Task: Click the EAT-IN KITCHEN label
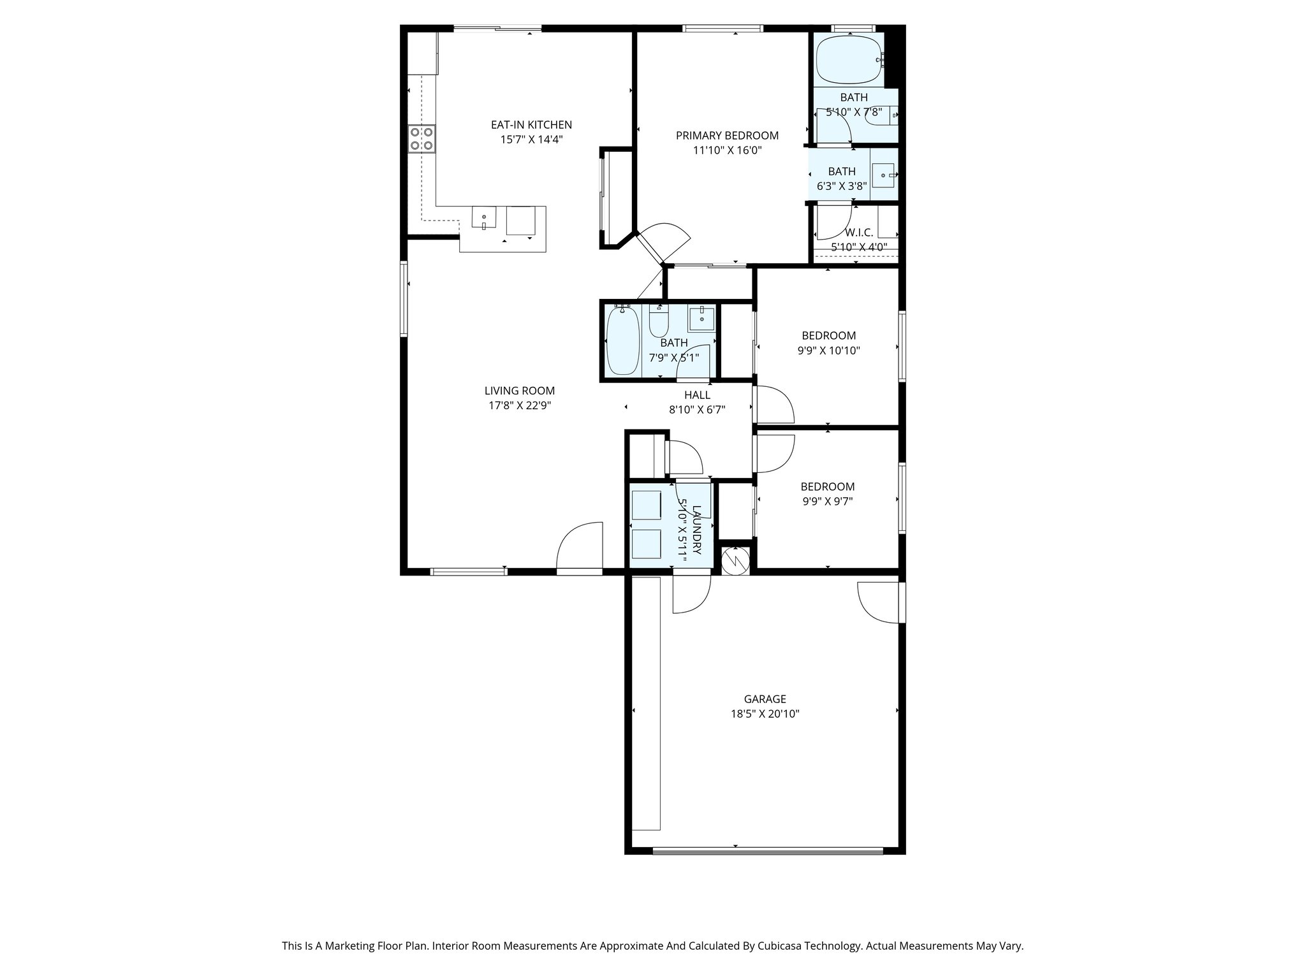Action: pyautogui.click(x=531, y=125)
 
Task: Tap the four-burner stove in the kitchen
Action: pyautogui.click(x=422, y=139)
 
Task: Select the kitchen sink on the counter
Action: pyautogui.click(x=484, y=217)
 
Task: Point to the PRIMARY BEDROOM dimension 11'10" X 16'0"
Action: pyautogui.click(x=727, y=150)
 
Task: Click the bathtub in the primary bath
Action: pyautogui.click(x=849, y=60)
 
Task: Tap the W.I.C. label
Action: pyautogui.click(x=859, y=233)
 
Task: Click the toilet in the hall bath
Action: pyautogui.click(x=657, y=322)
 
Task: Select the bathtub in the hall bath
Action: pyautogui.click(x=623, y=341)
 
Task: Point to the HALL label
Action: pyautogui.click(x=697, y=395)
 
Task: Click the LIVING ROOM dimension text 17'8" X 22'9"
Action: pyautogui.click(x=519, y=405)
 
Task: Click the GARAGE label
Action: pyautogui.click(x=765, y=699)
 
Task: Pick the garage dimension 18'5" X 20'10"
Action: pyautogui.click(x=765, y=714)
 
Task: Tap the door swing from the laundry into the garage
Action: pyautogui.click(x=691, y=594)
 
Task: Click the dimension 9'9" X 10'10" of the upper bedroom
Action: pyautogui.click(x=828, y=351)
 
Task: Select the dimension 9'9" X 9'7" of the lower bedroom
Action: pyautogui.click(x=827, y=502)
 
